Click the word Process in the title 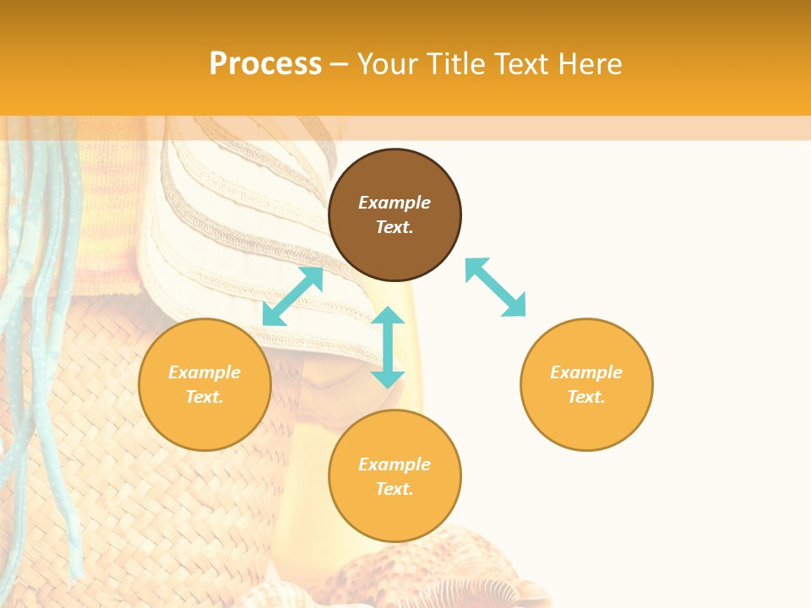pos(265,64)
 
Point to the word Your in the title pos(388,64)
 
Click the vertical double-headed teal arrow pos(388,347)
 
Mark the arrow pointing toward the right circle pos(496,287)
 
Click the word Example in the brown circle pos(395,203)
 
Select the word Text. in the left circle pos(204,397)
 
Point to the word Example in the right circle pos(586,372)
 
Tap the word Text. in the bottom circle pos(395,489)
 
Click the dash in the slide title pos(339,64)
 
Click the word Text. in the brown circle pos(395,227)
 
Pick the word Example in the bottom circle pos(395,464)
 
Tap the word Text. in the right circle pos(586,397)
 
